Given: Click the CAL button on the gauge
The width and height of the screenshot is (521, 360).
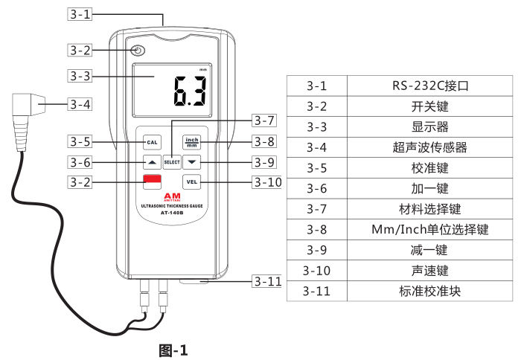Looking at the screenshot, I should (152, 141).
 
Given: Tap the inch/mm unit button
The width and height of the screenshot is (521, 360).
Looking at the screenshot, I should (192, 141).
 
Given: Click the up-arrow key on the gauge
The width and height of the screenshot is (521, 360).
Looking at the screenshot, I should (152, 161).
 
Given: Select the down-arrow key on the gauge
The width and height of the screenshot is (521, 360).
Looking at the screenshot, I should (192, 161).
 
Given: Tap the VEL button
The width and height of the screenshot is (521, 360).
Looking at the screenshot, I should (192, 180).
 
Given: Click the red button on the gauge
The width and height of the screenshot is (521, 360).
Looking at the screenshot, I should (153, 180).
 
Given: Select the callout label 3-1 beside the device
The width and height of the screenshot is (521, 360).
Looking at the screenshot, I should (80, 13).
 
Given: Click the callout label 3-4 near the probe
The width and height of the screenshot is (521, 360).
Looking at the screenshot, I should (80, 104).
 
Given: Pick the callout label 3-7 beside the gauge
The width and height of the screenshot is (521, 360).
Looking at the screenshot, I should (264, 120).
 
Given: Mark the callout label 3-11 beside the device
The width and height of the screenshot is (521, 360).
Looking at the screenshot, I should (266, 281).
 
